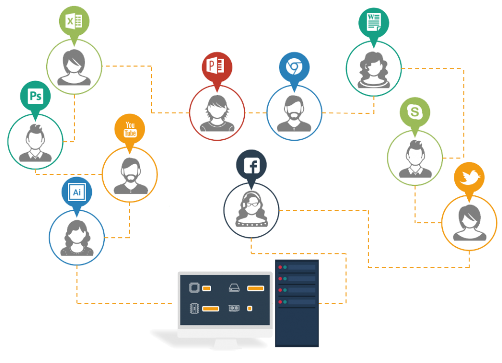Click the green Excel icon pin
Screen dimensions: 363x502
(74, 22)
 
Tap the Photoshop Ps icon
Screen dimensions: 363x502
(35, 97)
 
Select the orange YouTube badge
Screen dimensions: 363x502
(130, 129)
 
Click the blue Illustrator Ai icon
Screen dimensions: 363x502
(77, 192)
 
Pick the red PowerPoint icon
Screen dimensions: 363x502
(217, 66)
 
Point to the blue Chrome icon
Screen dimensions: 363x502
(294, 66)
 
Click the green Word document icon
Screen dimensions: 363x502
(373, 22)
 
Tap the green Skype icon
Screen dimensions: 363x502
(414, 112)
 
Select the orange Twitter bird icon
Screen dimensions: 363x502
(469, 178)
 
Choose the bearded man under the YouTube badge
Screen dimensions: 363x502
(130, 175)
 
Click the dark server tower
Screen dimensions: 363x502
(297, 303)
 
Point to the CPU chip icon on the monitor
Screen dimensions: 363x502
(194, 288)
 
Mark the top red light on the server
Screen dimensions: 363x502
(280, 267)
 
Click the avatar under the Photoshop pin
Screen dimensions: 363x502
(35, 142)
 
